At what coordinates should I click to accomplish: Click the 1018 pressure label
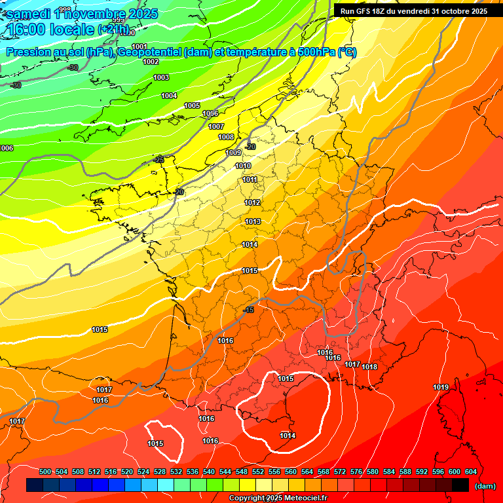[369, 367]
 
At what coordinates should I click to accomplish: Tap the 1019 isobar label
[441, 387]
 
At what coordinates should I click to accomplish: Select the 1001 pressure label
[140, 46]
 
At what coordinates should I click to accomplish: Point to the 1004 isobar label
[169, 96]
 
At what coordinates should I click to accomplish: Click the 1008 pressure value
[226, 137]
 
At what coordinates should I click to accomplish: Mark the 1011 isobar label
[250, 179]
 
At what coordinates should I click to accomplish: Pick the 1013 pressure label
[253, 221]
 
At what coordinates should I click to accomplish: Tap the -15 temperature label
[248, 310]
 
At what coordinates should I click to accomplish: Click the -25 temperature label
[159, 160]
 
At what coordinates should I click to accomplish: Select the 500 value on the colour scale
[46, 472]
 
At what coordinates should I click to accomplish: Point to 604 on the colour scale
[470, 472]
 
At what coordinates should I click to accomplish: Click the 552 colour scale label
[258, 472]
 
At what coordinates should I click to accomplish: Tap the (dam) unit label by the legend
[485, 486]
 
